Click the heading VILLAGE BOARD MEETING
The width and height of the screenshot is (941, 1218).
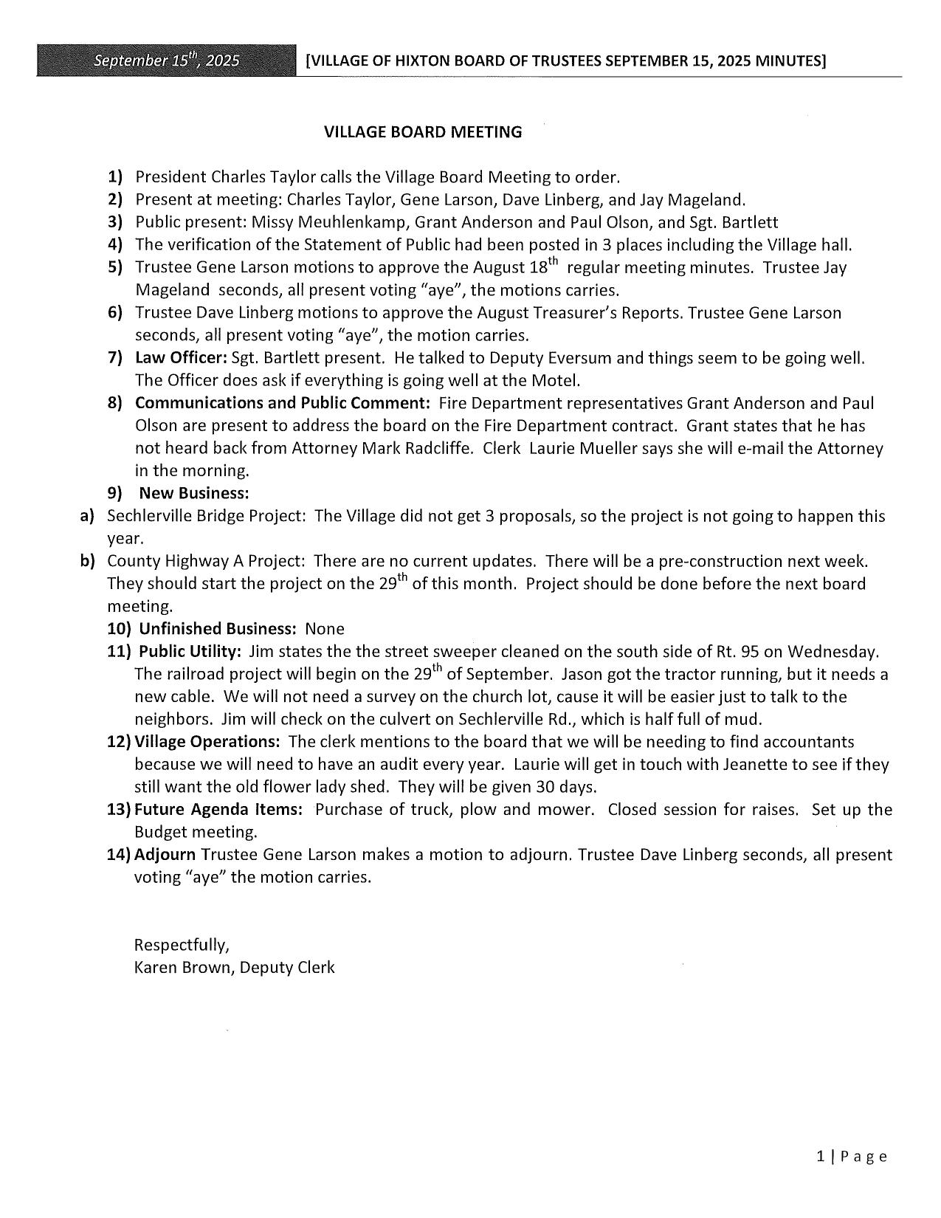click(x=422, y=132)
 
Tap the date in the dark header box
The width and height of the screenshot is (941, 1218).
click(x=166, y=61)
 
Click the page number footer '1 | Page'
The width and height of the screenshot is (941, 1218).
click(x=851, y=1157)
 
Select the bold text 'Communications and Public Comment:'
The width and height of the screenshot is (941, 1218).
click(x=282, y=403)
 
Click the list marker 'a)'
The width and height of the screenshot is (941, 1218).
click(x=87, y=516)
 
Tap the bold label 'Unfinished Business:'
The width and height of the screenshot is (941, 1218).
click(x=218, y=629)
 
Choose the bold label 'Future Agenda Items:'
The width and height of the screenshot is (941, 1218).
click(x=218, y=810)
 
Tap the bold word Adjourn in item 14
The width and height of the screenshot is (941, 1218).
click(x=165, y=855)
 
